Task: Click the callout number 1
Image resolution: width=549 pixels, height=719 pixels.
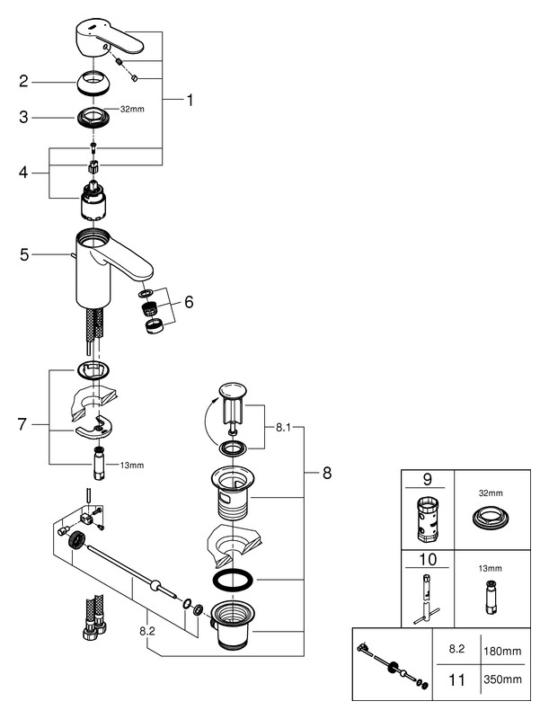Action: (x=190, y=100)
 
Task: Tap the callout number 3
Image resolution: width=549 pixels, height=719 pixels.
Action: (x=24, y=117)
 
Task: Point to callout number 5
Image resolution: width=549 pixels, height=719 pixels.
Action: (x=24, y=254)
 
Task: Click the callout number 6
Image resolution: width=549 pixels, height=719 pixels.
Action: (x=189, y=302)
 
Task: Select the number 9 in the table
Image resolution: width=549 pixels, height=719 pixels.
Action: (x=428, y=479)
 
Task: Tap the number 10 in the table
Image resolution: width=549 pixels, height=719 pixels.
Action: (x=428, y=559)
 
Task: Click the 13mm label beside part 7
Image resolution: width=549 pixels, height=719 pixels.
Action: (x=132, y=466)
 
